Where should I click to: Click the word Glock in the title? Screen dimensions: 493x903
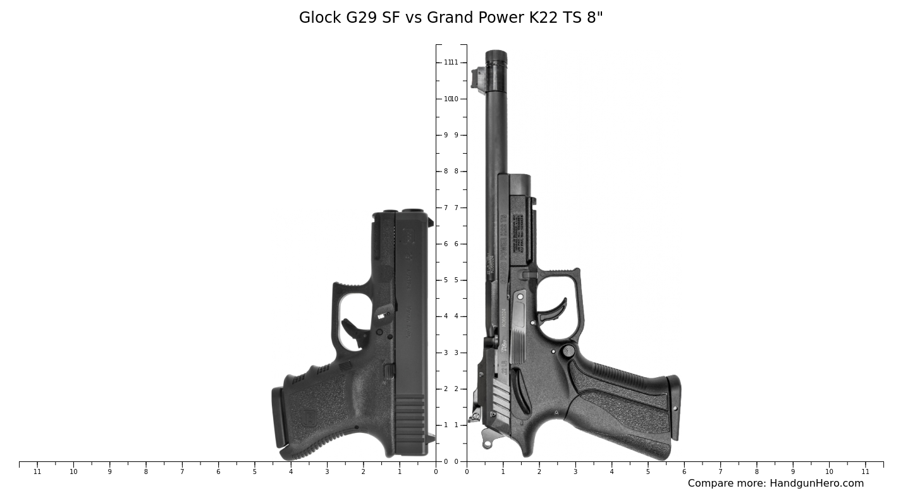coord(319,18)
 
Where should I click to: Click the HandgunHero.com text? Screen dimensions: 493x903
coord(816,484)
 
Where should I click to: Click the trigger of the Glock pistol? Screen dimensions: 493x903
coord(352,330)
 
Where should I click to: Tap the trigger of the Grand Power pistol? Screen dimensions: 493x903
coord(553,308)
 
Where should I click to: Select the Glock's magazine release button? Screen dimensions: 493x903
coord(390,371)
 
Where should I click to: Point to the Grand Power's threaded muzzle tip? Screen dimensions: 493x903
coord(496,58)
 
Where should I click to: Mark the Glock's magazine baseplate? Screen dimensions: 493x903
coord(278,418)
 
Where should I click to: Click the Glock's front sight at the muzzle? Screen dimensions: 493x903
coord(431,222)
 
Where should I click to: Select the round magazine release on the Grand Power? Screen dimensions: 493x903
coord(568,351)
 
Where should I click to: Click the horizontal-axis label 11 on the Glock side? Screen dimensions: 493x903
coord(37,471)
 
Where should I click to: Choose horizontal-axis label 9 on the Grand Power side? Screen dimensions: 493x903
coord(792,471)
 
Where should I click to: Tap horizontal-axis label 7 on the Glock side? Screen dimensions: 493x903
coord(182,471)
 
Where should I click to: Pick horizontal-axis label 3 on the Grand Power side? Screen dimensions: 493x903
coord(575,471)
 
